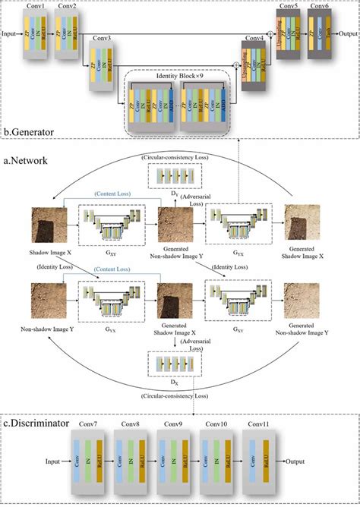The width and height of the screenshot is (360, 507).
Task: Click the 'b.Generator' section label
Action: pyautogui.click(x=29, y=132)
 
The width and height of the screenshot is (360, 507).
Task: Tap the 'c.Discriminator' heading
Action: pyautogui.click(x=37, y=421)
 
